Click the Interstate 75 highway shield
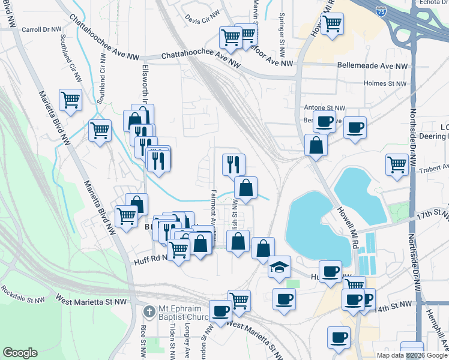tap(381, 10)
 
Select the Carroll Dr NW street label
tap(41, 29)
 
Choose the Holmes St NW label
tap(385, 84)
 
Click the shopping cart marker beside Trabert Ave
tap(397, 163)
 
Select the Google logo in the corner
tap(20, 353)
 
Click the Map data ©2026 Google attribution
tap(412, 355)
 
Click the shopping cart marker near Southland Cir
tap(70, 99)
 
